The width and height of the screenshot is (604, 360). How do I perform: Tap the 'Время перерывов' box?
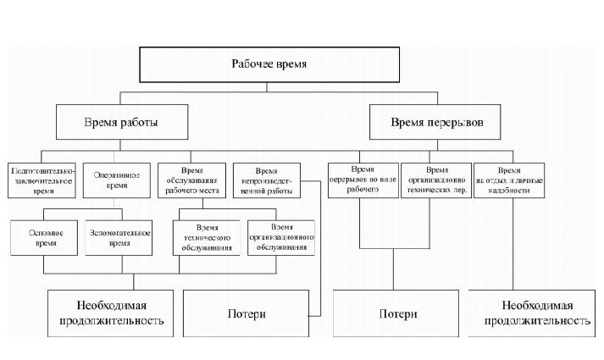pos(437,122)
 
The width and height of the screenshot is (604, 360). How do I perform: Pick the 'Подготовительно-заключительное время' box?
pos(42,180)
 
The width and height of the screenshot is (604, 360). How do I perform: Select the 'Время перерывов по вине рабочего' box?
pos(363,180)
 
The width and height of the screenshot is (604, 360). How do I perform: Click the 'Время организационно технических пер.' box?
pos(436,180)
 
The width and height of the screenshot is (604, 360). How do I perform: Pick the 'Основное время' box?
pos(44,236)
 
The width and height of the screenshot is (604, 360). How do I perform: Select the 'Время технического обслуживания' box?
pos(208,238)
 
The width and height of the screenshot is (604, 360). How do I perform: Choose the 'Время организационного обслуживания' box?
pos(282,238)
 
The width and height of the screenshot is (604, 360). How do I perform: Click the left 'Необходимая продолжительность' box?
pos(111,313)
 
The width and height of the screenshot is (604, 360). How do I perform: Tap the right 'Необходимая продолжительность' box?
pos(537,313)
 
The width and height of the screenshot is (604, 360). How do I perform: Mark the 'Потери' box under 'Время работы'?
pos(247,313)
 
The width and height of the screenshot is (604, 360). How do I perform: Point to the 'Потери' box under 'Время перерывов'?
pos(397,313)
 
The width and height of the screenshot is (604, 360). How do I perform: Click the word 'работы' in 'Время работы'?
pos(140,122)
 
